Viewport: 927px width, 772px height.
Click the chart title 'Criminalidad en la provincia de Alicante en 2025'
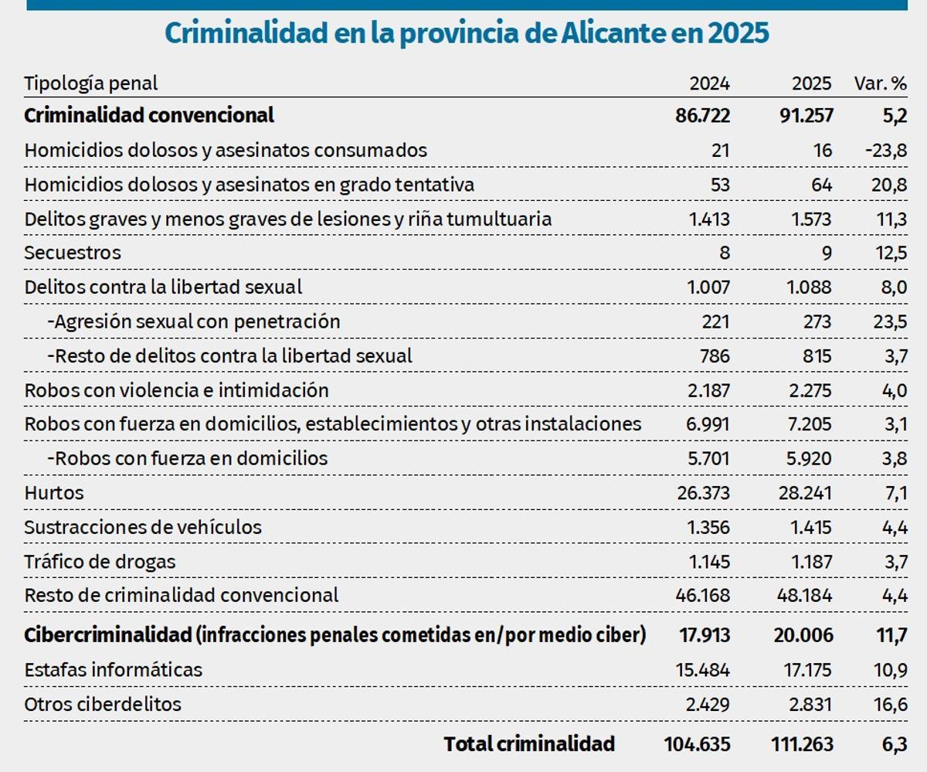[x=467, y=34]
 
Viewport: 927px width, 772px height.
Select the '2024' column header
[x=709, y=83]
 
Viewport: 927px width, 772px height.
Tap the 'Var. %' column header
[x=880, y=83]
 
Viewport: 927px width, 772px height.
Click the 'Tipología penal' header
[x=91, y=83]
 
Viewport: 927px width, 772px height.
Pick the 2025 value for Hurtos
[x=805, y=493]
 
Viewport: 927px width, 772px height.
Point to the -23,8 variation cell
[x=885, y=151]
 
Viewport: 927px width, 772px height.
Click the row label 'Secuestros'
[x=73, y=253]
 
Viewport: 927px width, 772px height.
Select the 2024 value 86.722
[x=701, y=116]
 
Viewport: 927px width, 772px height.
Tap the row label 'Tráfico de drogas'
[x=100, y=562]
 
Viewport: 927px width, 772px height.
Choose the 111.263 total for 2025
[x=802, y=744]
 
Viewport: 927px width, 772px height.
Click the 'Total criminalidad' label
[x=529, y=744]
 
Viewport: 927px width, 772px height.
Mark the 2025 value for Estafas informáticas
[x=805, y=670]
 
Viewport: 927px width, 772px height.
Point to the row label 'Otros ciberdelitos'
[x=103, y=705]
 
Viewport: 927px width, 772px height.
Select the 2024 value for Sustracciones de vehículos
[x=708, y=528]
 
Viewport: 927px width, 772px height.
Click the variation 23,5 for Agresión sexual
[x=889, y=321]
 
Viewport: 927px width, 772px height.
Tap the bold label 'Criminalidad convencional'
[x=149, y=116]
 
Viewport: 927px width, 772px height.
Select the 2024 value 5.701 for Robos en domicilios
[x=708, y=459]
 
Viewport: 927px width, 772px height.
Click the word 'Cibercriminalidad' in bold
[x=107, y=635]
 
